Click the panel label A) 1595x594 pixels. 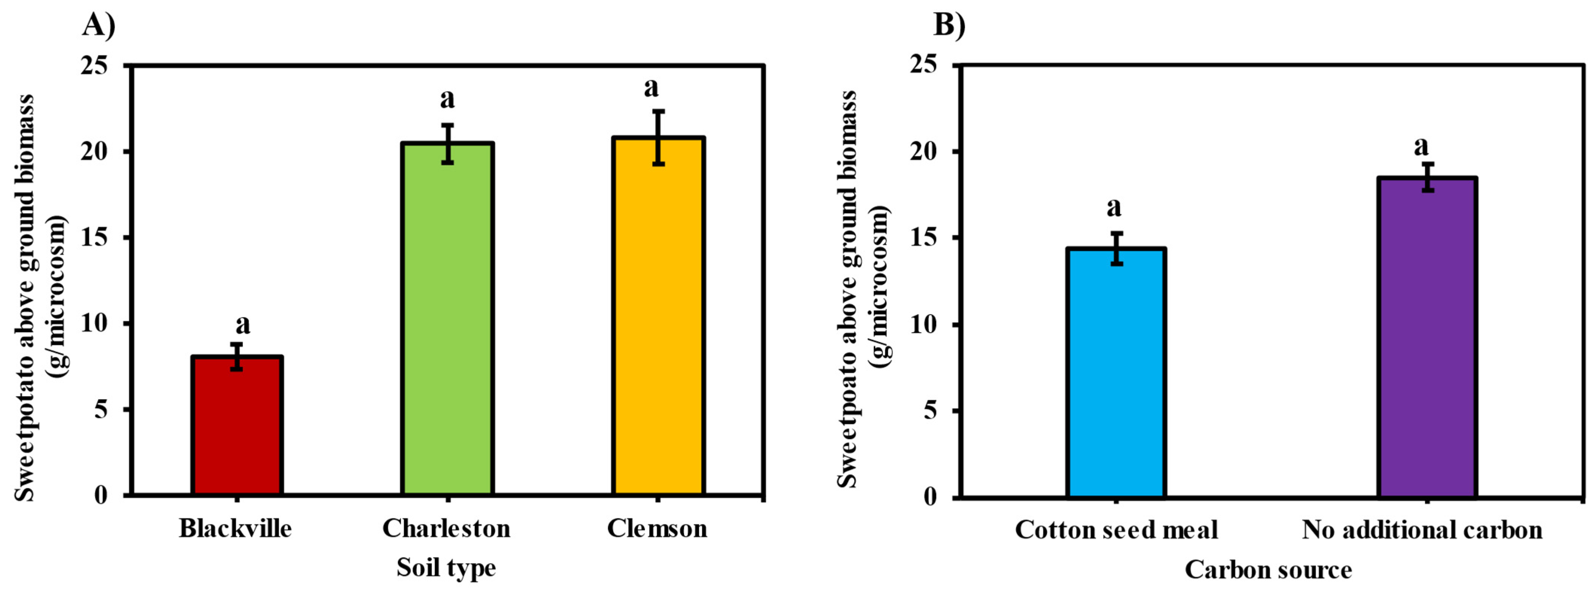coord(99,26)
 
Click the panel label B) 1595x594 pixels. coord(949,26)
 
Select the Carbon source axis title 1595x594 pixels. coord(1268,569)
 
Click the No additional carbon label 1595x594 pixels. coord(1422,530)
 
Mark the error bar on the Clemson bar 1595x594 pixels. coord(658,137)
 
